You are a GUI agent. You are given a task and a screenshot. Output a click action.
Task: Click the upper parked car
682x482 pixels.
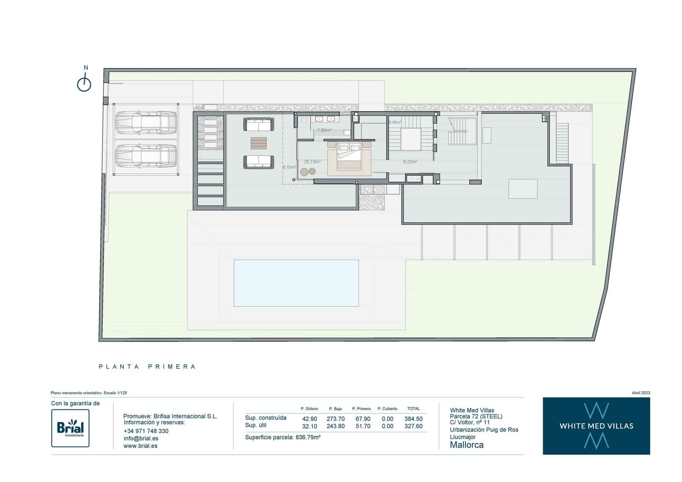[x=146, y=122]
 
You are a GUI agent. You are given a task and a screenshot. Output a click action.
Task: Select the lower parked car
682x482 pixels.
[x=146, y=156]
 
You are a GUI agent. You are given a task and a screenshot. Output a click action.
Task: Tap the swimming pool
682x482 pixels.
[x=296, y=283]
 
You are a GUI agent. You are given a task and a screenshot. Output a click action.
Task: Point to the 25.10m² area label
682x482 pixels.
[x=312, y=162]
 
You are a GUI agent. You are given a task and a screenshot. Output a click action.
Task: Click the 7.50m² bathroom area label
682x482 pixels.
[x=324, y=130]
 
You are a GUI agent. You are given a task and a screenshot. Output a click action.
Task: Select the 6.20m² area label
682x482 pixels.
[x=410, y=162]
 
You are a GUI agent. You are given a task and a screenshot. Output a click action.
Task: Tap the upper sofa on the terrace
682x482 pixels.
[x=258, y=124]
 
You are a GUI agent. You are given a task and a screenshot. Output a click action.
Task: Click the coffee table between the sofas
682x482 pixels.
[x=258, y=143]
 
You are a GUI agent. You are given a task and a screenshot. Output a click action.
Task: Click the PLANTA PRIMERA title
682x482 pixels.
[x=147, y=367]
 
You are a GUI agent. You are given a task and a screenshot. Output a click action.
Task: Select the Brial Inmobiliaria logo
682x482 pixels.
[x=70, y=428]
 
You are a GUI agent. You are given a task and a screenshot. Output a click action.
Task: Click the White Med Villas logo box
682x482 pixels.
[x=596, y=426]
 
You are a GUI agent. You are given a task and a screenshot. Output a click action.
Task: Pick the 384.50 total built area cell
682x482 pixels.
[x=413, y=419]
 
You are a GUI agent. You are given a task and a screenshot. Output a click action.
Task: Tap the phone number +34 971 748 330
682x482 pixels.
[x=146, y=431]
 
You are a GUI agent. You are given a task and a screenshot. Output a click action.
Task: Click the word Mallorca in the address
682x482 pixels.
[x=467, y=445]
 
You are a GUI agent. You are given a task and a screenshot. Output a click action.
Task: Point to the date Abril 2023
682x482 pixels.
[x=641, y=393]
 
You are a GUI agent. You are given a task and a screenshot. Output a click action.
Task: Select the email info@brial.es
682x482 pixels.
[x=141, y=439]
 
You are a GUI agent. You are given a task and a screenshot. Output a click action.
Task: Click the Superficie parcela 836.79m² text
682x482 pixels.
[x=283, y=437]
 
